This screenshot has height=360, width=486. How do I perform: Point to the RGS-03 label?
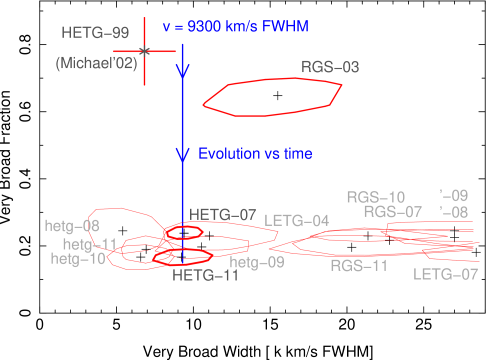tap(330, 68)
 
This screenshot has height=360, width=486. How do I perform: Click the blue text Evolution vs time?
tap(255, 154)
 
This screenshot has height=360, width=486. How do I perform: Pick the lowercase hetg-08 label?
tap(72, 226)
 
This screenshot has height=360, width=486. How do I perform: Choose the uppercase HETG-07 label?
tap(223, 215)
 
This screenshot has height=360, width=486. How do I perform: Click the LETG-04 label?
tap(297, 220)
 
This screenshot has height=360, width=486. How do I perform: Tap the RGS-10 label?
tap(376, 197)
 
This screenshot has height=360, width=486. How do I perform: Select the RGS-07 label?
tap(393, 211)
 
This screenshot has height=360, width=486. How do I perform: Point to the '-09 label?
tap(453, 195)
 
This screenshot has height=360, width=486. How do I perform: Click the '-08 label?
tap(453, 212)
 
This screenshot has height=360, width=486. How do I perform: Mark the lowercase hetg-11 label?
tap(90, 244)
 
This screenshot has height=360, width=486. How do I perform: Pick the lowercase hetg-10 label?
tap(78, 258)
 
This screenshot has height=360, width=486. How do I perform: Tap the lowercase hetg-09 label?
tap(257, 262)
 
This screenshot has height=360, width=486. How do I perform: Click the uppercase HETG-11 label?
tap(205, 276)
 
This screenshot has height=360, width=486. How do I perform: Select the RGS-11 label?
tap(359, 265)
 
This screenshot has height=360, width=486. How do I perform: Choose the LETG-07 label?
tap(445, 274)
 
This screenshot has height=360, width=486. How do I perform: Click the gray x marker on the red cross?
tap(145, 51)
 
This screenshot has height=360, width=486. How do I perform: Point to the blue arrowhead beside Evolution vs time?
tap(183, 154)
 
